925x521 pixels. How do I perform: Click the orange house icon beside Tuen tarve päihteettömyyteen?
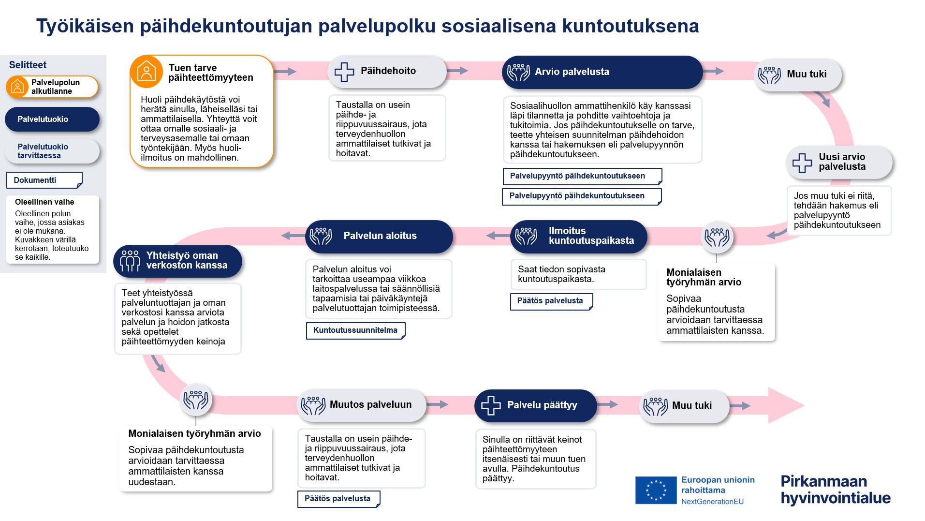(x=146, y=72)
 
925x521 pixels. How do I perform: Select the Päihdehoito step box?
(x=387, y=71)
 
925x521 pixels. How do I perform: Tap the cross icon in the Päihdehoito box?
(x=344, y=72)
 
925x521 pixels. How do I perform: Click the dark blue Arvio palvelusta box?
(x=602, y=72)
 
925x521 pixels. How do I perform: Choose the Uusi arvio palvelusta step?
(x=839, y=162)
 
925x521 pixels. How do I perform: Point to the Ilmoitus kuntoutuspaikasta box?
(x=578, y=236)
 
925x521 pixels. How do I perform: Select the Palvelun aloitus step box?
(x=379, y=236)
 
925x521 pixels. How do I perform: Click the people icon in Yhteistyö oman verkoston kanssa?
(x=130, y=261)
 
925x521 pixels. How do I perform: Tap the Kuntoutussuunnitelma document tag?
(x=355, y=330)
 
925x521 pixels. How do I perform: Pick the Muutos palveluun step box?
(x=361, y=405)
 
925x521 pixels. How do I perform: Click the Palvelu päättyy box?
(x=535, y=405)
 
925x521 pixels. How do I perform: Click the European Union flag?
(x=656, y=490)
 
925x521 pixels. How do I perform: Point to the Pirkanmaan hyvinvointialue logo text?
(x=835, y=490)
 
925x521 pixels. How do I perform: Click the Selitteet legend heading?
(x=28, y=65)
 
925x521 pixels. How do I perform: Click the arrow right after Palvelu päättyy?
(x=607, y=404)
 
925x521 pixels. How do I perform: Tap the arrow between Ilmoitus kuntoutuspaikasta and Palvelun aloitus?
(x=498, y=236)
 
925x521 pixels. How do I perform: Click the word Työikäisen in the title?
(x=85, y=26)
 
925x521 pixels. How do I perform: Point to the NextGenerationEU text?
(x=712, y=502)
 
